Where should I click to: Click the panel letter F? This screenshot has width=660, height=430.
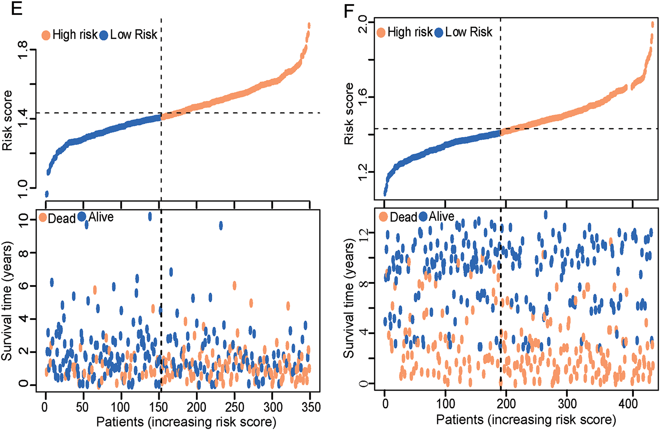tap(349, 10)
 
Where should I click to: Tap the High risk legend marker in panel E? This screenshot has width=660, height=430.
tap(46, 35)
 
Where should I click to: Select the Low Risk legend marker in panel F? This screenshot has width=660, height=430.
tap(438, 33)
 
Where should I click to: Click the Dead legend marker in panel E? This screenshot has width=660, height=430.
tap(43, 218)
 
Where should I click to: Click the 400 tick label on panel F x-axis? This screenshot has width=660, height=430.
tap(628, 404)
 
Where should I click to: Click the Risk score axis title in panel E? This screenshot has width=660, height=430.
tap(8, 120)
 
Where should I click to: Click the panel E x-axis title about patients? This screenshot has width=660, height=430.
tap(186, 422)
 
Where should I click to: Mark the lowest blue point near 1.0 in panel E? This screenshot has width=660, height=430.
tap(46, 194)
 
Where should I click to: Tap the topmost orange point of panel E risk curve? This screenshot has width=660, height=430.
tap(309, 25)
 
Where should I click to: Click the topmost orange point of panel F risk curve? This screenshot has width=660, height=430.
tap(653, 24)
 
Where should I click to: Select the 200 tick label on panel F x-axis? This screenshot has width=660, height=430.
tap(506, 404)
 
